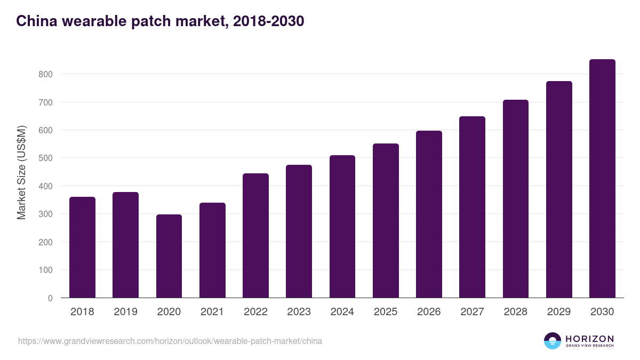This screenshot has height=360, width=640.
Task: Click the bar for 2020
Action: point(169,256)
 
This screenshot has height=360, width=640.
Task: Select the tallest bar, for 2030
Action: point(602,179)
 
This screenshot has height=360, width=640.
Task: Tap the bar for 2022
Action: point(255,236)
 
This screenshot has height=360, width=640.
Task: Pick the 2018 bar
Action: point(82,247)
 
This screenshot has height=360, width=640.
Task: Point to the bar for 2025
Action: point(386,221)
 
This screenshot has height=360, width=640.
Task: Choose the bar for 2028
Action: point(515,199)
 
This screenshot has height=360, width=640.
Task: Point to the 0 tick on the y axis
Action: point(50,298)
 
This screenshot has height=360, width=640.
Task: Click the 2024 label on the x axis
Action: point(342,312)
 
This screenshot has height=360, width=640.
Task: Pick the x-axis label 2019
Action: point(125,312)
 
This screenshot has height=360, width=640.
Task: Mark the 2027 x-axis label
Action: point(472,312)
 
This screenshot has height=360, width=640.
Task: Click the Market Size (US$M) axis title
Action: point(21,172)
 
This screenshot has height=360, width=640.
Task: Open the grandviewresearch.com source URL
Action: point(170,341)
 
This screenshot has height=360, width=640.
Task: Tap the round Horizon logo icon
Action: point(553,341)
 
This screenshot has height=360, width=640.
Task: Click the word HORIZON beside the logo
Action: point(589,338)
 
